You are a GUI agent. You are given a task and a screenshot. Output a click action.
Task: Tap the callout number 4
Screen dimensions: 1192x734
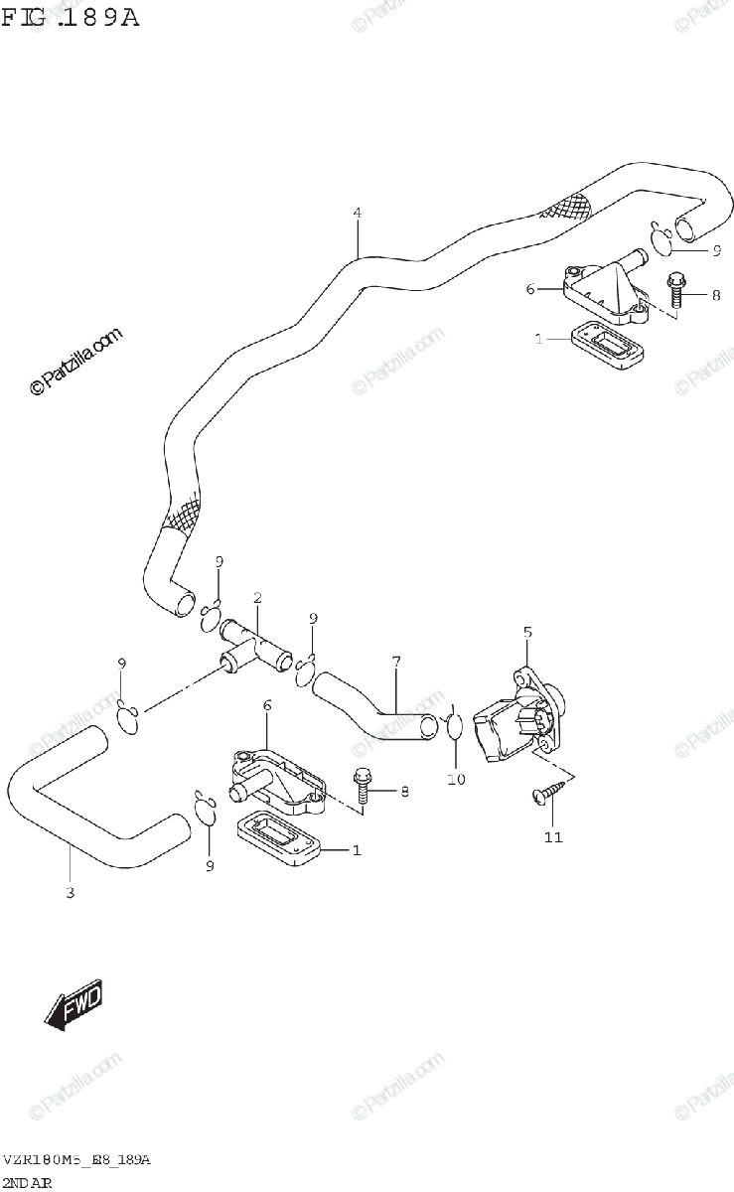pyautogui.click(x=357, y=213)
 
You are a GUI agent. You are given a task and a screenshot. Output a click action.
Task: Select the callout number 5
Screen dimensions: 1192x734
pyautogui.click(x=527, y=631)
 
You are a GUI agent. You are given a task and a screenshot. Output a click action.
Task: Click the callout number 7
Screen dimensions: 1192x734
pyautogui.click(x=395, y=661)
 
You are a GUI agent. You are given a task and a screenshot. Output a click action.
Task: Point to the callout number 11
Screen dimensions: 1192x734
pyautogui.click(x=553, y=837)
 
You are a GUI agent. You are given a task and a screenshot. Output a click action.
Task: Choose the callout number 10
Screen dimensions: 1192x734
pyautogui.click(x=456, y=780)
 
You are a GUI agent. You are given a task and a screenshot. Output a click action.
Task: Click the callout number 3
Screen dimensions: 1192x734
pyautogui.click(x=70, y=892)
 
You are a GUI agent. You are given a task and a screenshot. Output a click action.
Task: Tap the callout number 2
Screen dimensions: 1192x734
pyautogui.click(x=257, y=598)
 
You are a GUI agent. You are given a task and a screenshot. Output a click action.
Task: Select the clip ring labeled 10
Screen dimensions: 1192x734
pyautogui.click(x=454, y=728)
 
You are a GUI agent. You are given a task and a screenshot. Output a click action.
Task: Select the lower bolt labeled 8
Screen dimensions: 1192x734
pyautogui.click(x=363, y=790)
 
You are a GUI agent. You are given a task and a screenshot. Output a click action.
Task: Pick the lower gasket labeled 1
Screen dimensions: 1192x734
pyautogui.click(x=279, y=839)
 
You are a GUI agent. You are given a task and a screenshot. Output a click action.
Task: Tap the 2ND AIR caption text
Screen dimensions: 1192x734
pyautogui.click(x=27, y=1183)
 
